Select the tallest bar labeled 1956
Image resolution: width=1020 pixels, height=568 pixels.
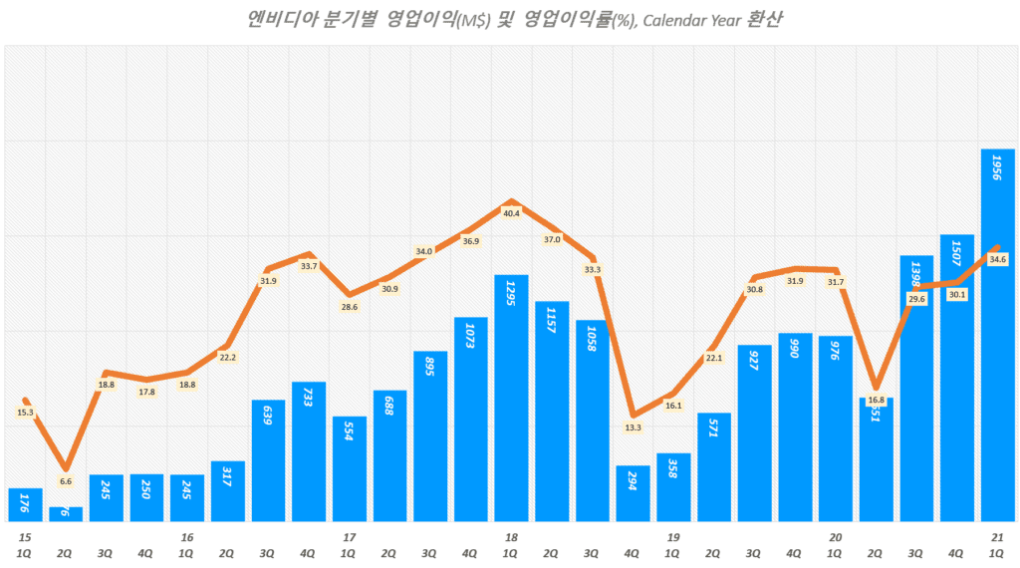coord(998,339)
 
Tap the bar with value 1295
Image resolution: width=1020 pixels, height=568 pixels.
coord(511,399)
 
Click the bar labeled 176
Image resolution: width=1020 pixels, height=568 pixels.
coord(25,505)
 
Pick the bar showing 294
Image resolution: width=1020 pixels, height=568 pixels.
coord(633,493)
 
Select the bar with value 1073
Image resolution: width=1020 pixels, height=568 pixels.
coord(470,419)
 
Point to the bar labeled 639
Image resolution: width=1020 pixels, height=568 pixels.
coord(268,460)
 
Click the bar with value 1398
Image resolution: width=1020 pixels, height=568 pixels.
coord(916,389)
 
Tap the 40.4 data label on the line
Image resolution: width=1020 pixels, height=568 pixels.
coord(511,212)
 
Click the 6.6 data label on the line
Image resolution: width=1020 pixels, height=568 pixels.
coord(66,481)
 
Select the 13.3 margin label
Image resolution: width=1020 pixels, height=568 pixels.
coord(633,427)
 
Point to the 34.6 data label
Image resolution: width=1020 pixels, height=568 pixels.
coord(998,259)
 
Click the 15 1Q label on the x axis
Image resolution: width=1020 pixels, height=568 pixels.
coord(24,545)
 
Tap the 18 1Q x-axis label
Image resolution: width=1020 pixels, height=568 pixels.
coord(511,545)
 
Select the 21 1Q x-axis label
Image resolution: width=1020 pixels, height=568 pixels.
coord(997,545)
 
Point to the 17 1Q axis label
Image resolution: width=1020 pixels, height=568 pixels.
coord(349,545)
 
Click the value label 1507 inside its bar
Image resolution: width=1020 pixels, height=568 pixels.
coord(957,257)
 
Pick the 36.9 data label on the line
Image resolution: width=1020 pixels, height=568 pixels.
coord(470,239)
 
